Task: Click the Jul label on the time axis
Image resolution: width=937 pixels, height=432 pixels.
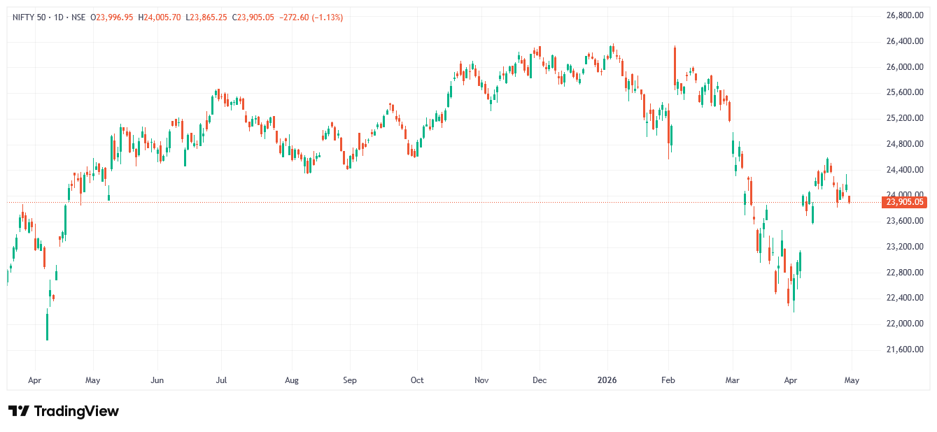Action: point(221,380)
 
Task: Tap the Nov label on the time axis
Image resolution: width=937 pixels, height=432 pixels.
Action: point(481,380)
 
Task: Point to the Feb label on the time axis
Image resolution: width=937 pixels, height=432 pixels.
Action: point(668,380)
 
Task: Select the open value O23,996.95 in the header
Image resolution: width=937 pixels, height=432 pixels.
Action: point(113,17)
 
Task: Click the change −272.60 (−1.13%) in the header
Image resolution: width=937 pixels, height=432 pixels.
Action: point(311,17)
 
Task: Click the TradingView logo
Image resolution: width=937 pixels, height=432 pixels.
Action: point(64,411)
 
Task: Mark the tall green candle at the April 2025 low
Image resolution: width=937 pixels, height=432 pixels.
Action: point(47,326)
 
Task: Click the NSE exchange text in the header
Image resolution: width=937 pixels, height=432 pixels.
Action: point(78,17)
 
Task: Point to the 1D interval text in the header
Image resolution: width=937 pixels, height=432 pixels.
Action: point(61,17)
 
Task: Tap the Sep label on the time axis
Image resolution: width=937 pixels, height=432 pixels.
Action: point(350,380)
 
